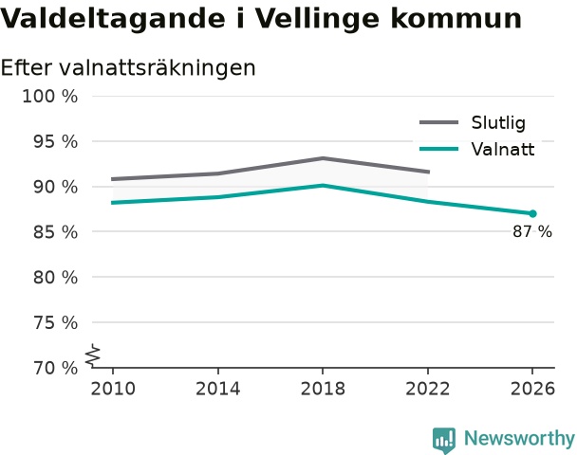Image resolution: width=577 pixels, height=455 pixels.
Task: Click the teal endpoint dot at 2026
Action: click(x=532, y=213)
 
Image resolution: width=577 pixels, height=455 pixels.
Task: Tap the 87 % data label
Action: click(x=532, y=231)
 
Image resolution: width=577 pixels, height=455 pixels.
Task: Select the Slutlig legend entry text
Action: click(x=498, y=122)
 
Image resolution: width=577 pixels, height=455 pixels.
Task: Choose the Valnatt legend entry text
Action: click(x=503, y=149)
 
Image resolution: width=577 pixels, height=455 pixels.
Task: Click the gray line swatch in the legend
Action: click(x=439, y=122)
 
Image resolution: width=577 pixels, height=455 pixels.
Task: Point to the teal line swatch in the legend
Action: click(x=439, y=149)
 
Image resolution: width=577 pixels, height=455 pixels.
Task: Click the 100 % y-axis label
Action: click(x=50, y=97)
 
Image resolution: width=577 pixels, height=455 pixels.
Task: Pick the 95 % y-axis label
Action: click(x=56, y=142)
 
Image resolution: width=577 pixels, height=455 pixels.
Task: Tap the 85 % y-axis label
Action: click(x=56, y=232)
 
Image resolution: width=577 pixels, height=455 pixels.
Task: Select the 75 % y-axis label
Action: click(x=56, y=323)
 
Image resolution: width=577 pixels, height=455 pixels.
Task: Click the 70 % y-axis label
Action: click(x=56, y=368)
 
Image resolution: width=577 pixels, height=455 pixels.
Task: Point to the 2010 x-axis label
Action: click(x=113, y=389)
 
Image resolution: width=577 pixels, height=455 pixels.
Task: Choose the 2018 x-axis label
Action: click(x=323, y=389)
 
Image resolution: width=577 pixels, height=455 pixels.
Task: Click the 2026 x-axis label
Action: click(x=532, y=389)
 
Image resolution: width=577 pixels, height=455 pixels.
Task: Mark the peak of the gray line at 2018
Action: click(x=323, y=158)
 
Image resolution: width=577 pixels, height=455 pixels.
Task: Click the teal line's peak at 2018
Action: click(x=323, y=185)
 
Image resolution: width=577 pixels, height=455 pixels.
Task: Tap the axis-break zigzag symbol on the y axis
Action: click(x=93, y=355)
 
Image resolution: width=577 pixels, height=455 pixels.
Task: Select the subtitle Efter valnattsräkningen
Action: click(x=128, y=67)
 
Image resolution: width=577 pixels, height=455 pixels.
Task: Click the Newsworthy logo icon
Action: click(x=444, y=440)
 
